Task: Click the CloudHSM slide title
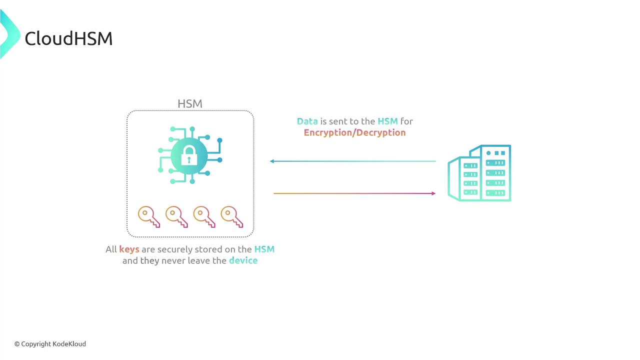(x=68, y=38)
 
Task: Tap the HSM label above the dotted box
(x=190, y=103)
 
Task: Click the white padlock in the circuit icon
(x=189, y=155)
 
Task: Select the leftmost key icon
(x=149, y=217)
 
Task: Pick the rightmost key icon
(x=231, y=217)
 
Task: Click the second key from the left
(x=176, y=217)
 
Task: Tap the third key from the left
(x=204, y=217)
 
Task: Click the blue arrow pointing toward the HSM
(x=353, y=161)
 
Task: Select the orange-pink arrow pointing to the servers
(x=354, y=193)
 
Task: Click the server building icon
(x=479, y=173)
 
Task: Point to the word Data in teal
(x=307, y=121)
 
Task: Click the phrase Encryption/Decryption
(x=354, y=133)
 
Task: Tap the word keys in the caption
(x=129, y=249)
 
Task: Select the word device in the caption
(x=243, y=260)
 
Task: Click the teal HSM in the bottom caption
(x=264, y=249)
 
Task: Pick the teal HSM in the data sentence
(x=387, y=121)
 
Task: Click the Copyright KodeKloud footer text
(x=50, y=344)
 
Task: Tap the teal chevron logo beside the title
(x=9, y=34)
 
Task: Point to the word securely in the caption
(x=175, y=249)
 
